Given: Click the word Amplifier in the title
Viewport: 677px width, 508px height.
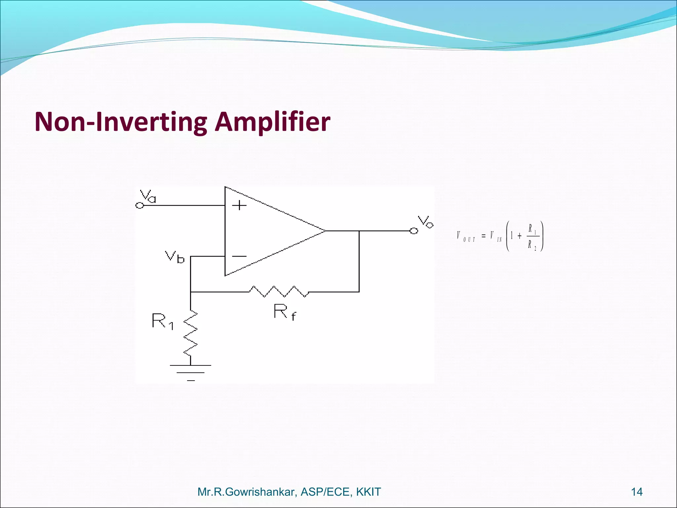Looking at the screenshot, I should tap(272, 122).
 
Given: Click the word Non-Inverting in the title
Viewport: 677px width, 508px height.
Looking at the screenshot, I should tap(121, 122).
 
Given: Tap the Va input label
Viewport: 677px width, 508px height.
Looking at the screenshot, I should tap(148, 196).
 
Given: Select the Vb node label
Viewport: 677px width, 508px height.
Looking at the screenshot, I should tap(175, 257).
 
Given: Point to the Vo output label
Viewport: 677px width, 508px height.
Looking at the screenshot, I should tap(425, 222).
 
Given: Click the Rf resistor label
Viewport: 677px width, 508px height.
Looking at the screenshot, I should tap(284, 312).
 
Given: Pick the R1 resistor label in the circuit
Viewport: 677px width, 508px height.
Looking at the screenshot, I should tap(162, 321).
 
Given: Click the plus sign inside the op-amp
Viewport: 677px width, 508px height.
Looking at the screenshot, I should tap(239, 206).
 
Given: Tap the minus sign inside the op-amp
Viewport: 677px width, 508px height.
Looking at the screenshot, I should tap(239, 256).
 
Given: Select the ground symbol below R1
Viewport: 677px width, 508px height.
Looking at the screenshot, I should tap(191, 372).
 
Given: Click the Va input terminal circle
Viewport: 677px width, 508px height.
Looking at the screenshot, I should tap(140, 206).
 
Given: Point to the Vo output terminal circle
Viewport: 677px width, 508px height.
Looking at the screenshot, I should tap(414, 231).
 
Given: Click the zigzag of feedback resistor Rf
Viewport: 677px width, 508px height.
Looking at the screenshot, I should tap(279, 291).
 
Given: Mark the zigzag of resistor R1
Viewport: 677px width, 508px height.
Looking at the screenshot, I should tap(191, 333).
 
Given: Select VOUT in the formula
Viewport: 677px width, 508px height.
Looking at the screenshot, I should tap(466, 236).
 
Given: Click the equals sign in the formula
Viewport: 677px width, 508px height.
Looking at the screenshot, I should tap(484, 236).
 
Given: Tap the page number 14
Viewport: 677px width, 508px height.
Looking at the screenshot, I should tap(637, 492).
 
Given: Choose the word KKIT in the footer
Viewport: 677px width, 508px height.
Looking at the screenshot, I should tap(369, 492).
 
